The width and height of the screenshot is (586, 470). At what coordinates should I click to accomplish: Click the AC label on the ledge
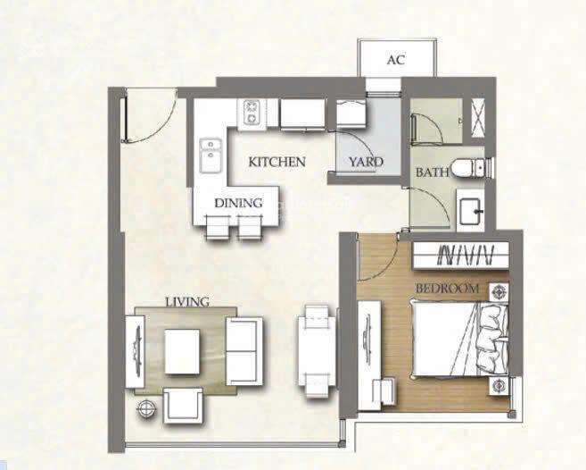[395, 61]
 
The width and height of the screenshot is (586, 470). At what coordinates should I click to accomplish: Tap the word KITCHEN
[276, 163]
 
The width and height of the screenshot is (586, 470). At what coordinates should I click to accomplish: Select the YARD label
[366, 163]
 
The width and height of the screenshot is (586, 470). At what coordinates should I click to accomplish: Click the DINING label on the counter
[238, 203]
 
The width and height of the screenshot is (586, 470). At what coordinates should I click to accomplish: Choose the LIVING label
[186, 302]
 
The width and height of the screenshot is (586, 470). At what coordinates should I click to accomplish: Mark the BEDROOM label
[448, 290]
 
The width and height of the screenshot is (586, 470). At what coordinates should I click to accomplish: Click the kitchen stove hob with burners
[252, 113]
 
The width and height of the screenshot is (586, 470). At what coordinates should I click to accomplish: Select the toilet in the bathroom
[468, 166]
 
